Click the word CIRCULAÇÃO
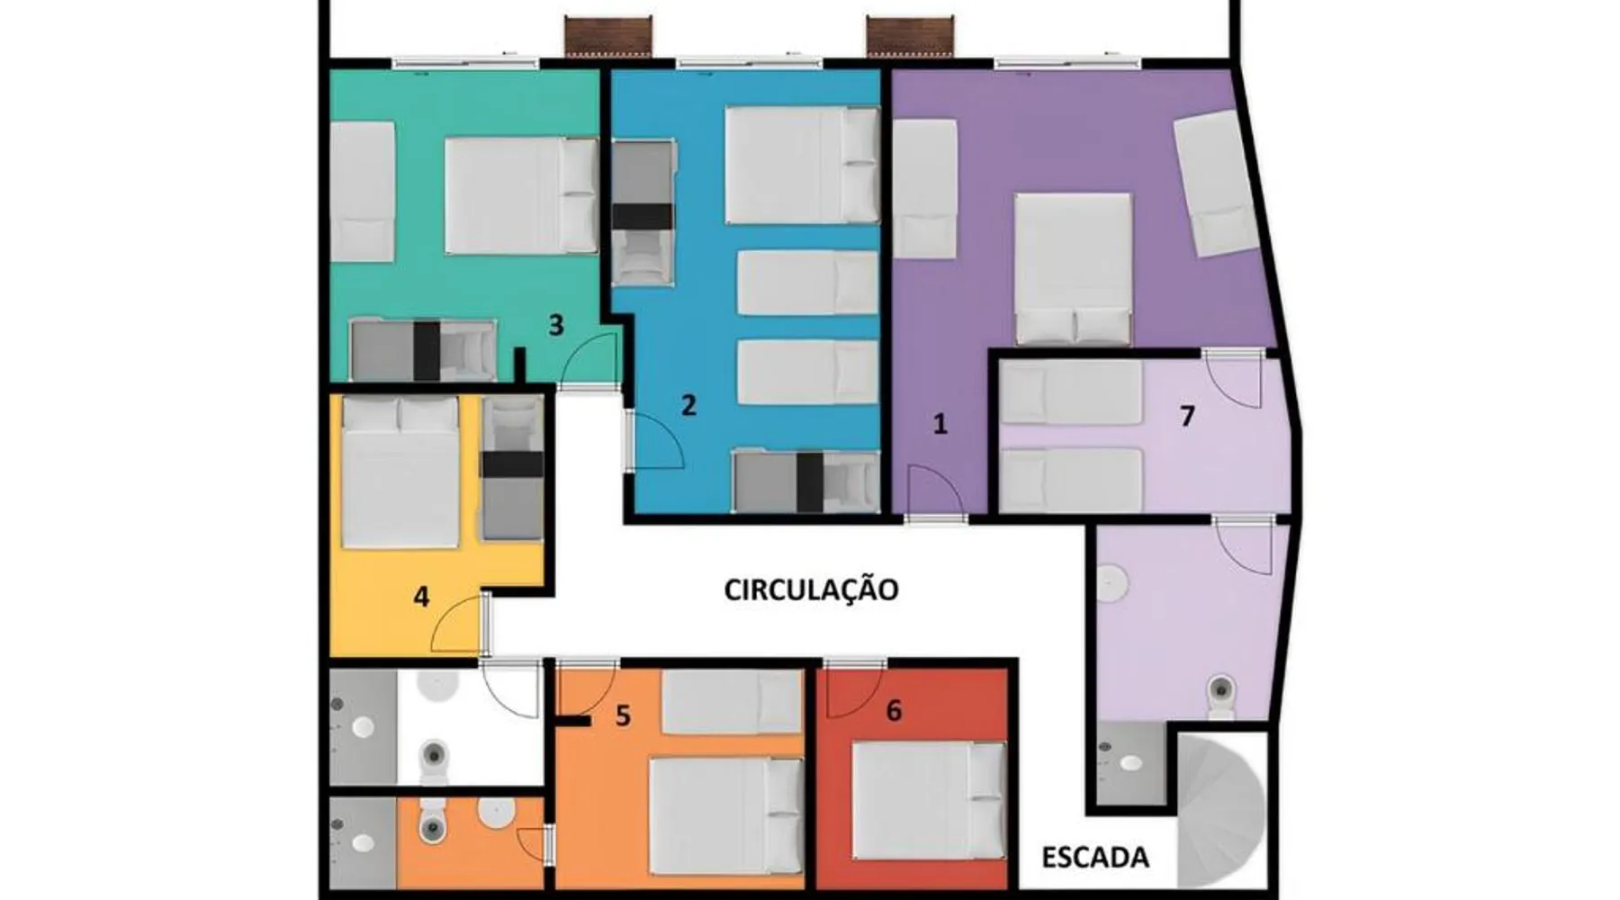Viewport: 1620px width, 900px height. coord(811,589)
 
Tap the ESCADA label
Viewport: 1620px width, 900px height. coord(1095,857)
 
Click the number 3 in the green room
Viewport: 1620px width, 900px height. coord(556,325)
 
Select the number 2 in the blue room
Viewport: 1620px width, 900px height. coord(688,405)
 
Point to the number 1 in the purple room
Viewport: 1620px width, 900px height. coord(940,424)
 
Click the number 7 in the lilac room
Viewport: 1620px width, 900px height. coord(1187,417)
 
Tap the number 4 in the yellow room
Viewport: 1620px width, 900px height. coord(421,596)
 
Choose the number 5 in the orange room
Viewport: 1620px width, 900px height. coord(623,716)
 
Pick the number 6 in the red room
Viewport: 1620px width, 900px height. coord(894,711)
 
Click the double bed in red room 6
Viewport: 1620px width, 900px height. coord(929,800)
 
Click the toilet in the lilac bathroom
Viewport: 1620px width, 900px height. coord(1220,696)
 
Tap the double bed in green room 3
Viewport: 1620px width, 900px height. coord(521,195)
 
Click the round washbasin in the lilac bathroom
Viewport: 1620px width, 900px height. coord(1113,582)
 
